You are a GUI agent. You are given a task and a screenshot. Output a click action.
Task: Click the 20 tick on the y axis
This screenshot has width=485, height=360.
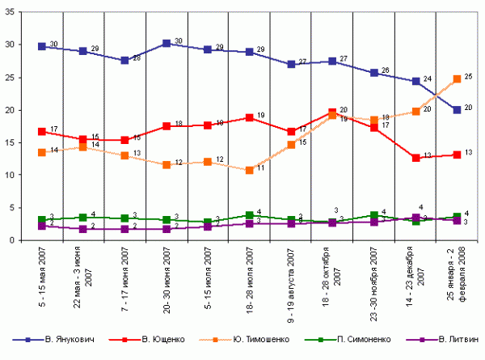17,110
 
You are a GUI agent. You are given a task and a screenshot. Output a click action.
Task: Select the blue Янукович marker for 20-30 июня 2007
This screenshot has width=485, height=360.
167,43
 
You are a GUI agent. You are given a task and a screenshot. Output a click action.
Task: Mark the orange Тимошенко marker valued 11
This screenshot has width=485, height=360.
250,170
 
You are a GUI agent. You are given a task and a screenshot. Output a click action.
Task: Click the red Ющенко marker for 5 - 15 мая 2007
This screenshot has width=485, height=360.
41,131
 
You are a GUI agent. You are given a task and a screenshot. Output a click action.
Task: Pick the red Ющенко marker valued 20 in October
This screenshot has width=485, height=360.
333,112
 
